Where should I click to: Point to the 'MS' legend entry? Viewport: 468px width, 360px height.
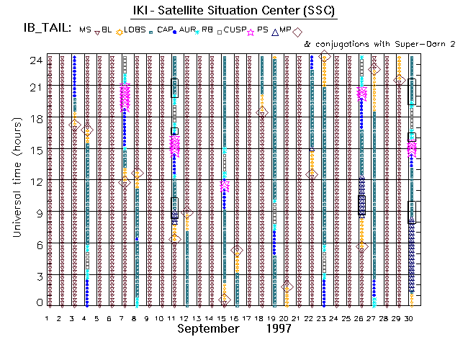point(86,30)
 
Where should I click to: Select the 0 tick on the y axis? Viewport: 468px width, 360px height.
point(40,303)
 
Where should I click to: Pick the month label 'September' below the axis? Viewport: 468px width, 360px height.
point(209,329)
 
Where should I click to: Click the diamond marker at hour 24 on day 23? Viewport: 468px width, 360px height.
point(325,56)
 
